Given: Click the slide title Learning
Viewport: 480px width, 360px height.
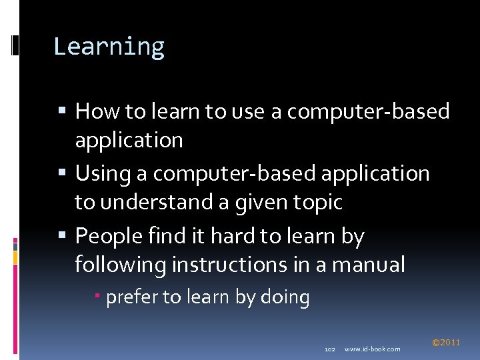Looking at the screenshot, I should [x=109, y=47].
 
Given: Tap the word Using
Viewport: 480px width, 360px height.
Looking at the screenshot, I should [x=103, y=174].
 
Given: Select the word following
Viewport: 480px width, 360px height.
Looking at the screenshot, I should [x=120, y=265].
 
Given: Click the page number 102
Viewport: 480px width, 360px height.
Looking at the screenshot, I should [x=329, y=349].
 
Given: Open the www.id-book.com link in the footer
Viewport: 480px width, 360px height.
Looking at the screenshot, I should [x=373, y=349].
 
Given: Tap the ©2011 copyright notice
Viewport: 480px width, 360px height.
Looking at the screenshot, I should [x=446, y=343].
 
